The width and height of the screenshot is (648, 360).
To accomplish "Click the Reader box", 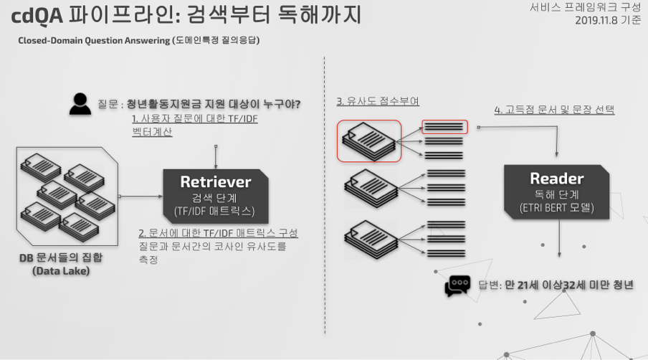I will pyautogui.click(x=556, y=191).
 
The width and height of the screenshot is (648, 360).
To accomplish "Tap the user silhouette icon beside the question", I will pyautogui.click(x=81, y=105).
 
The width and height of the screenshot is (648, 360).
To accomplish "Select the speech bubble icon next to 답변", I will pyautogui.click(x=457, y=285).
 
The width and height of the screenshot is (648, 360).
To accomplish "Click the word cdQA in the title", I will pyautogui.click(x=37, y=14).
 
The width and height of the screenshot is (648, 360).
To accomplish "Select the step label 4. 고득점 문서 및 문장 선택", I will pyautogui.click(x=554, y=110).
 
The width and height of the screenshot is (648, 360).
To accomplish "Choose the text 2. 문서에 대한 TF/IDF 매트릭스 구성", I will pyautogui.click(x=218, y=234).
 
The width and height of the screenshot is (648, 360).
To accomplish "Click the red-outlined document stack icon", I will pyautogui.click(x=368, y=140).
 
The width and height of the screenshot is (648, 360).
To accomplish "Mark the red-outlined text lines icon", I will pyautogui.click(x=444, y=127).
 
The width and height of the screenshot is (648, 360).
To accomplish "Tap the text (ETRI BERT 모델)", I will pyautogui.click(x=556, y=209).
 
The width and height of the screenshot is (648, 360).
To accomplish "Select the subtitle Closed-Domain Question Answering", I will pyautogui.click(x=94, y=41).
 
